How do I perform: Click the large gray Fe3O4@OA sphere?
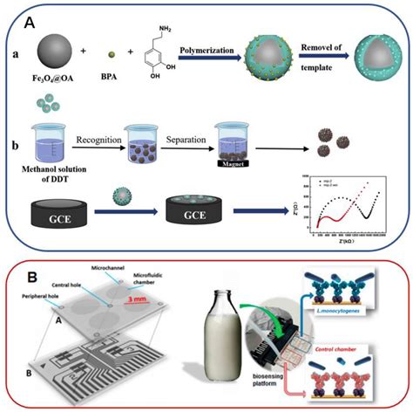coord(56,52)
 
